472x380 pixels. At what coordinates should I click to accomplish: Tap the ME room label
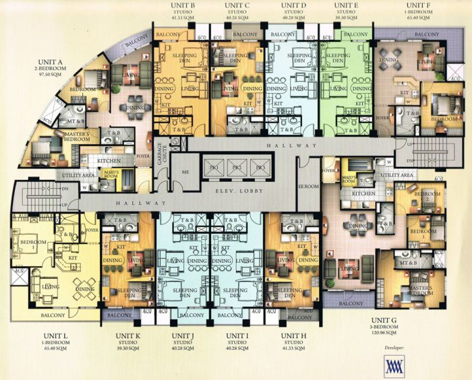(x=185, y=172)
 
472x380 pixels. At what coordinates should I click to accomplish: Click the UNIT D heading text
(x=293, y=5)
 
